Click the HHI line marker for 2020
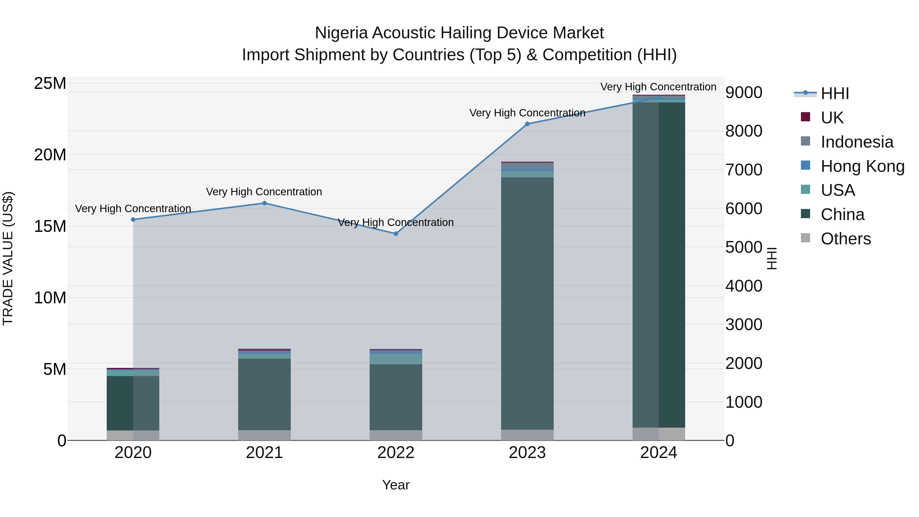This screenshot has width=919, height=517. tap(133, 219)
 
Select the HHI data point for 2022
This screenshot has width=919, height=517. tap(396, 234)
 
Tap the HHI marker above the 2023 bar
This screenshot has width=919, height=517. tap(527, 124)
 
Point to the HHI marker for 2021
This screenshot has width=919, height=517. tap(264, 203)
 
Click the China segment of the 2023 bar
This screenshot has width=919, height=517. tap(527, 303)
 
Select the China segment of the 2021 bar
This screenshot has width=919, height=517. tap(264, 394)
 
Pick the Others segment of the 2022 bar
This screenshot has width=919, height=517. tap(396, 435)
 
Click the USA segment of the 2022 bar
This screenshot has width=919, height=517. tap(396, 359)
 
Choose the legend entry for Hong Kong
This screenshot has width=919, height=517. tap(862, 166)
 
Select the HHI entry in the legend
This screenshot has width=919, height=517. tap(835, 93)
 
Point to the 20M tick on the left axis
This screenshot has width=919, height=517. tap(50, 155)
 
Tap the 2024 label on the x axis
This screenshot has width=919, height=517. tap(659, 453)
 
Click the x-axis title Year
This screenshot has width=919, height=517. tap(396, 485)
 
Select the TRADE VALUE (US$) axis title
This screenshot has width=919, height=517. tap(8, 258)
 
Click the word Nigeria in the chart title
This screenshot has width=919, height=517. tap(341, 33)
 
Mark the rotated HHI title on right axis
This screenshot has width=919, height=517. tap(772, 258)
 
